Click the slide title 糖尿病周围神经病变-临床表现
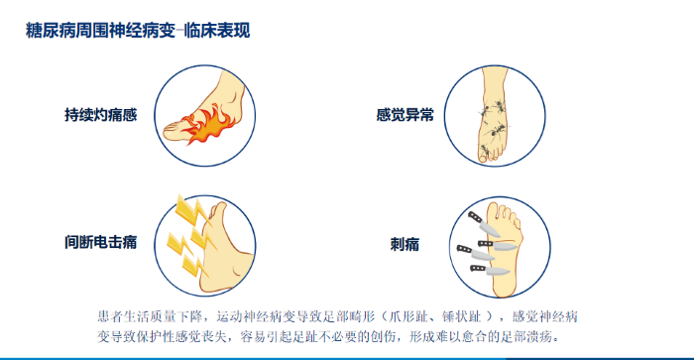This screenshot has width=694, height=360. click(x=138, y=31)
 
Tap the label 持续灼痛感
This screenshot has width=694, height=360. click(x=101, y=115)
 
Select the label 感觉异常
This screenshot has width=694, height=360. click(x=405, y=115)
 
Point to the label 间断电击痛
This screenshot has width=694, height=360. click(x=101, y=242)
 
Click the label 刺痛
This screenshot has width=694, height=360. click(x=405, y=244)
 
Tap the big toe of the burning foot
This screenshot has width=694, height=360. click(x=174, y=131)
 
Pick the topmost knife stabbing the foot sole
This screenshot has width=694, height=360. click(x=484, y=224)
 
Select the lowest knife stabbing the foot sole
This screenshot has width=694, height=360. click(x=490, y=270)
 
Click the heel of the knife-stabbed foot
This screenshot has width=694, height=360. click(x=505, y=287)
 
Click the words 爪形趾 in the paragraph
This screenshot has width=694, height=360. click(x=406, y=316)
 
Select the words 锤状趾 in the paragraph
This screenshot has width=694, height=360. click(x=462, y=316)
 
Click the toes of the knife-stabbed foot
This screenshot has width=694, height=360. click(x=506, y=213)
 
